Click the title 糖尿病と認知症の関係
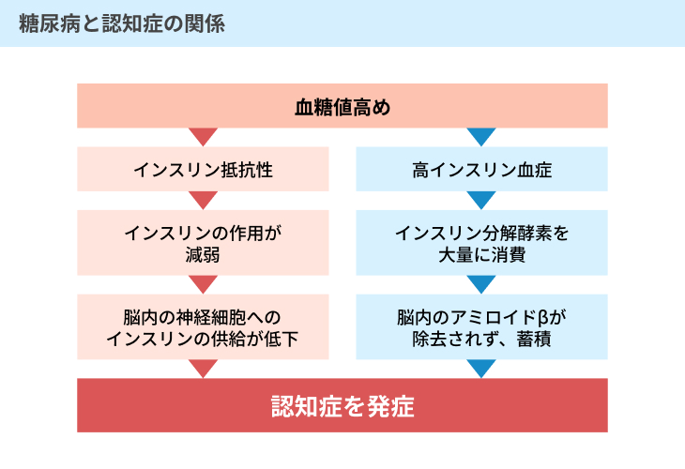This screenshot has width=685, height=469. click(122, 23)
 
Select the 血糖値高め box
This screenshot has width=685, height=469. click(342, 106)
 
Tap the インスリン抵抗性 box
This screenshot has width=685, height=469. click(203, 169)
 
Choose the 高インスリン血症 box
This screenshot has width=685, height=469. click(481, 169)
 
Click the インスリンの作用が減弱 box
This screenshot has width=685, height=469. click(203, 243)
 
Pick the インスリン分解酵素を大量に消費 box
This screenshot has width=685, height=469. click(481, 243)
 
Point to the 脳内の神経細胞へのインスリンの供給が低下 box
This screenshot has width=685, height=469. click(203, 327)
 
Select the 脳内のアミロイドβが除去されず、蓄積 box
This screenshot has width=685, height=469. click(481, 327)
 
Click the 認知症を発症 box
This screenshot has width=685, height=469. click(342, 405)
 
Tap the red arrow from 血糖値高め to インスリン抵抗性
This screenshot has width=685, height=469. click(203, 136)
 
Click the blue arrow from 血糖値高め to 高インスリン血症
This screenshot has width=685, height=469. click(481, 136)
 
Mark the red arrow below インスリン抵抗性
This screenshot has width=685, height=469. click(203, 199)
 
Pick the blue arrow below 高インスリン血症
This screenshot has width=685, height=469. click(481, 199)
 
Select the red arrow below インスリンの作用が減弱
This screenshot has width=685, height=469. click(203, 283)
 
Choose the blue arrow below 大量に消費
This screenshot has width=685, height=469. click(481, 283)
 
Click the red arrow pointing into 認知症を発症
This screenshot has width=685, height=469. click(203, 368)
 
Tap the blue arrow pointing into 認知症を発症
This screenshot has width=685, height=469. click(481, 368)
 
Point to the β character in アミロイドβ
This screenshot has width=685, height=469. click(543, 318)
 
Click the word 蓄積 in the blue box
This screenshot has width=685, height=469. click(534, 339)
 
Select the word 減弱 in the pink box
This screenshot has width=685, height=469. click(203, 254)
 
